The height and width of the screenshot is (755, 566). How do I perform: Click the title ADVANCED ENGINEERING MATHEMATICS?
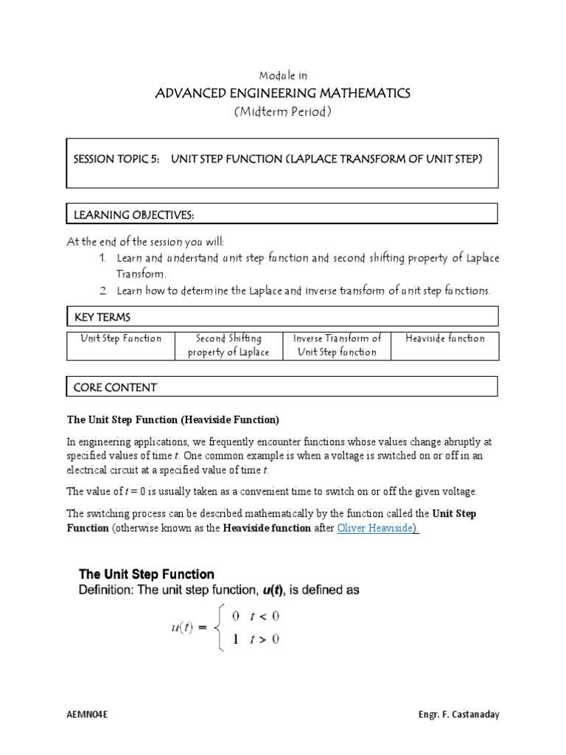(x=283, y=93)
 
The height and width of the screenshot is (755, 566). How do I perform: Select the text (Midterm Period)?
(x=283, y=111)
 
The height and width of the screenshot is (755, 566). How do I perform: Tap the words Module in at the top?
(x=283, y=75)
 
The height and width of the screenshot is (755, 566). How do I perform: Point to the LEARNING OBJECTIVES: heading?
(x=133, y=214)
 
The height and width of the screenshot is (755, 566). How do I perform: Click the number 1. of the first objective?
(x=102, y=258)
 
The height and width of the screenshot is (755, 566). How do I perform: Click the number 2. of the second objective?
(x=102, y=290)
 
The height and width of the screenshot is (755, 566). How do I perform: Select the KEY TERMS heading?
(x=102, y=317)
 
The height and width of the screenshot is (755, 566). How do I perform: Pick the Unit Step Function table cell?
(x=121, y=338)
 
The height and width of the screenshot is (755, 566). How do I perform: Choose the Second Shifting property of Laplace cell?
(x=228, y=345)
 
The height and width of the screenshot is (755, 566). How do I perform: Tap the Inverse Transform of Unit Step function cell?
(x=337, y=345)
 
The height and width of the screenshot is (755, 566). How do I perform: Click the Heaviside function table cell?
(x=444, y=338)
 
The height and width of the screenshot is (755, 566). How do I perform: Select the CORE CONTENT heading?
(x=115, y=386)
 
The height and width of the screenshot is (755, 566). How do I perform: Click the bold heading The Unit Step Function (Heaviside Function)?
(x=173, y=420)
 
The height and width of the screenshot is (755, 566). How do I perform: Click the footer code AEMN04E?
(x=87, y=716)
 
